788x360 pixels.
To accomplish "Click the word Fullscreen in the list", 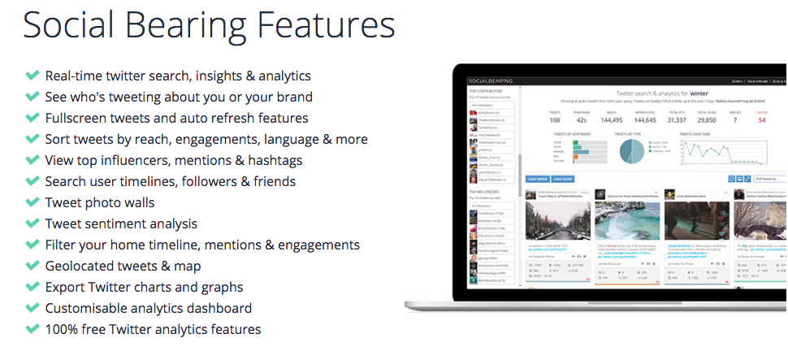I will coord(77,118).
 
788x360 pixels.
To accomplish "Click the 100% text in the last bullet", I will coord(61,329).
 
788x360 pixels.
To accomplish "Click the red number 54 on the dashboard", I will coord(762,120).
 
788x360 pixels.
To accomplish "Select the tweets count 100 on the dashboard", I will coord(555,120).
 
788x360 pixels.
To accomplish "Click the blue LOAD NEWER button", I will coord(536,178).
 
